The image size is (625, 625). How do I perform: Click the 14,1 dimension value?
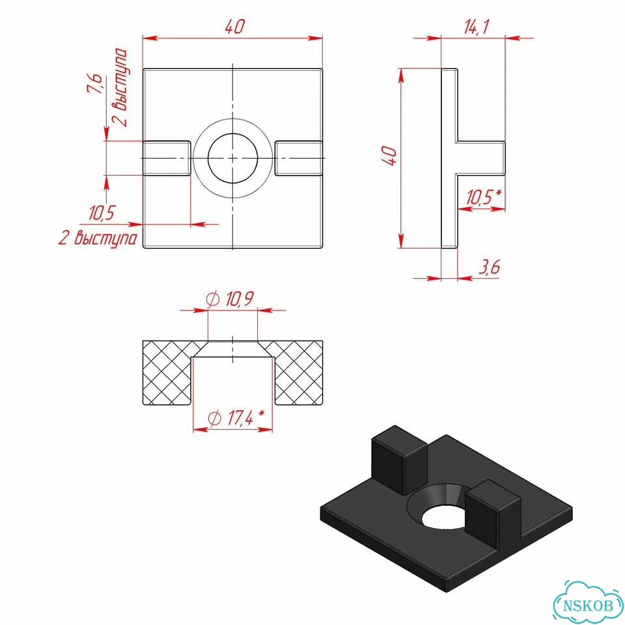[x=476, y=27]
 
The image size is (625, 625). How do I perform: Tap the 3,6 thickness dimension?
[x=489, y=267]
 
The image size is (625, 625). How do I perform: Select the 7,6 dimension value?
[x=95, y=83]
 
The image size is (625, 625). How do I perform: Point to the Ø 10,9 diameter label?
[x=230, y=299]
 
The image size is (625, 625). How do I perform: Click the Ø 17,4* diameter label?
[x=236, y=417]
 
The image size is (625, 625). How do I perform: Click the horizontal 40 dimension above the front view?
[x=234, y=27]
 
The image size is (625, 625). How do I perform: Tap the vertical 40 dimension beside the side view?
[x=389, y=156]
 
